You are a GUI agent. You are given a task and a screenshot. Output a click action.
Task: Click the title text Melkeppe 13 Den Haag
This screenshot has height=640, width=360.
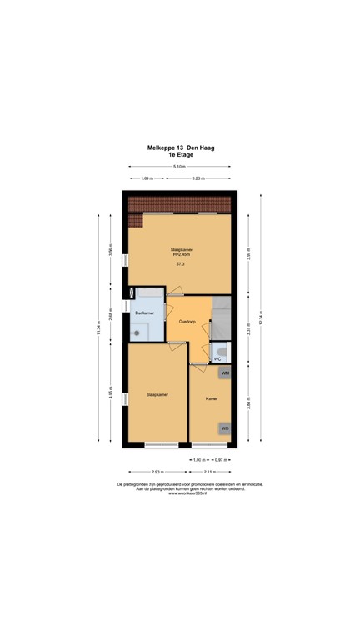tap(180, 147)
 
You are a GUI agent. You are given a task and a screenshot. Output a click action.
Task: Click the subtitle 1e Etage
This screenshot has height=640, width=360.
tap(180, 155)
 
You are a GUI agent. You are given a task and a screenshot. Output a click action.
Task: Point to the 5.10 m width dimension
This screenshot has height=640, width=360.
tap(180, 167)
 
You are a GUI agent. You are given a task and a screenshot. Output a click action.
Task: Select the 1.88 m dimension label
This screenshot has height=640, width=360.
tap(146, 178)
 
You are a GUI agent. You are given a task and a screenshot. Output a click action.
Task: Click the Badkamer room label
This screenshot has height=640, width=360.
tap(144, 312)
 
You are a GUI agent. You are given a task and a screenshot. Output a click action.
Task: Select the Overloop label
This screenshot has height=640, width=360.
tap(187, 321)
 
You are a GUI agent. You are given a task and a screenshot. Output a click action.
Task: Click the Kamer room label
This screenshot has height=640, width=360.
tap(212, 399)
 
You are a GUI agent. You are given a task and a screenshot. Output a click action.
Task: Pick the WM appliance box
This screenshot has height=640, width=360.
tap(224, 373)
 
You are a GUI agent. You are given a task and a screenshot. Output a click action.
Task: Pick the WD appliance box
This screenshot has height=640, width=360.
tap(224, 428)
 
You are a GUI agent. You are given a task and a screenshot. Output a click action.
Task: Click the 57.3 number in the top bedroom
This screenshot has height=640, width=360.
tap(179, 264)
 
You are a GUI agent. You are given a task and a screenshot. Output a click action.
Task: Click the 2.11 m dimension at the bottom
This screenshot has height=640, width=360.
tap(209, 470)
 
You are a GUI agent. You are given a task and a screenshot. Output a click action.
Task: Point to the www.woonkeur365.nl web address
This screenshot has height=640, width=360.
tap(180, 493)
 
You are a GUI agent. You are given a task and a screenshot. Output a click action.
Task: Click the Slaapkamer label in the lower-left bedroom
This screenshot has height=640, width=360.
tap(157, 394)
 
